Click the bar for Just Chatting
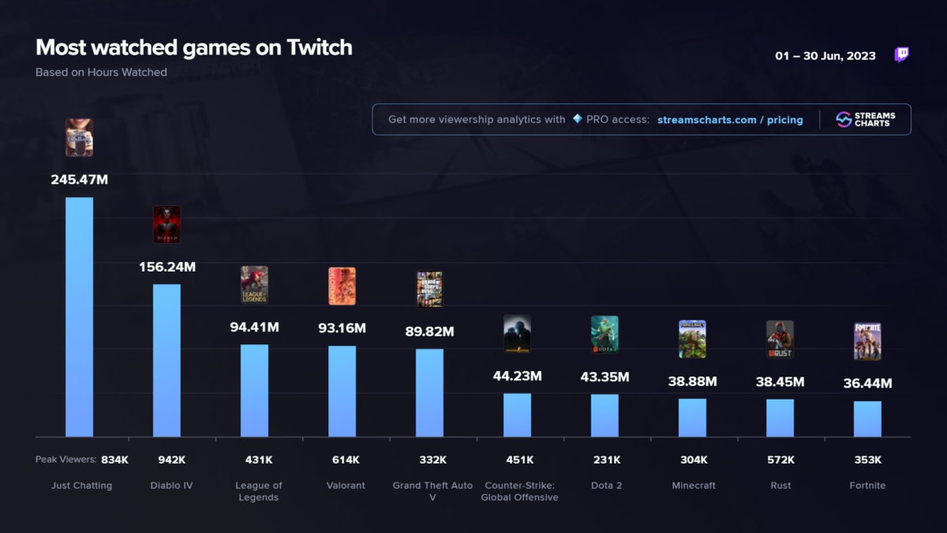(79, 317)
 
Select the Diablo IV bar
(167, 360)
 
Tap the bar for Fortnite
(867, 419)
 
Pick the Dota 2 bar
(605, 415)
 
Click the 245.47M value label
(79, 179)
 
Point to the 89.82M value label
(429, 332)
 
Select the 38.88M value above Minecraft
(692, 381)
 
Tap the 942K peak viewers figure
(172, 460)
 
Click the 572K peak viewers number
(780, 460)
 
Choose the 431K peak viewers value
(259, 460)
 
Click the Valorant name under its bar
(346, 486)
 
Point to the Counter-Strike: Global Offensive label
(519, 491)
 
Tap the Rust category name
(780, 486)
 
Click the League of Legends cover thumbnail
(254, 285)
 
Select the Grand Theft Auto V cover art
(429, 289)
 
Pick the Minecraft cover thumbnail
(692, 339)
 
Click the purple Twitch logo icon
(901, 54)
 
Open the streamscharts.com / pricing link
(730, 120)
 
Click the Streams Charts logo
(866, 119)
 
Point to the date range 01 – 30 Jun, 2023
(825, 56)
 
